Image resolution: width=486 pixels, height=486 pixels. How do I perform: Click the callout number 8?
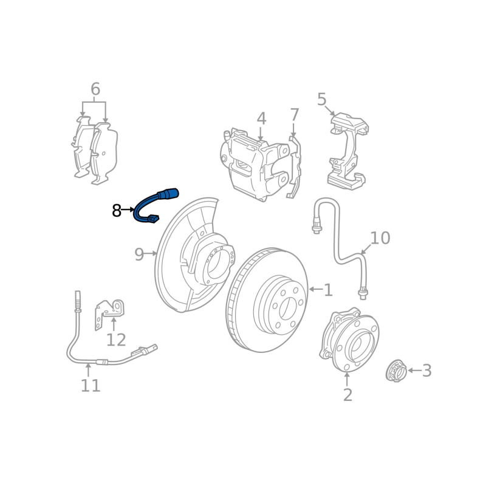coord(117,210)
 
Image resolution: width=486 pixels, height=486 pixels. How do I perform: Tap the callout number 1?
coord(328,290)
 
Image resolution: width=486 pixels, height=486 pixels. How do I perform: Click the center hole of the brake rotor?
coord(287,309)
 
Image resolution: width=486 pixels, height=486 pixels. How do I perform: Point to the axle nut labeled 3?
coord(397,371)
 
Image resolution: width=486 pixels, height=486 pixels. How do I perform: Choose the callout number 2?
coord(347,395)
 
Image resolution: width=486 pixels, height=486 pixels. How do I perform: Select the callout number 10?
coord(380,238)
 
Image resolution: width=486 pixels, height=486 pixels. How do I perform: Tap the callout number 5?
coord(322,100)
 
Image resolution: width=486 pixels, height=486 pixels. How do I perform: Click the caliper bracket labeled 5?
coord(347,151)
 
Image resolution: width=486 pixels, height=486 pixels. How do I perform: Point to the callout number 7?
coord(294,115)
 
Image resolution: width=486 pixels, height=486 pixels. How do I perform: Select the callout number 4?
coord(261,118)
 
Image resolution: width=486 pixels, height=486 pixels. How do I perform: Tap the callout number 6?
coord(95,89)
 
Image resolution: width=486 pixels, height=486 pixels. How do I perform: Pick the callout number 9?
coord(139,255)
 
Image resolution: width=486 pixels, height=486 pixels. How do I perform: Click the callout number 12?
coord(116,340)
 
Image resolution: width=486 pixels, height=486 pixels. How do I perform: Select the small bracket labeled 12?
coord(109,314)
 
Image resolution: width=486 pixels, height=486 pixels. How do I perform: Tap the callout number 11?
coord(91,386)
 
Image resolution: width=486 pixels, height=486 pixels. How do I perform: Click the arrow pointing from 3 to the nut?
coord(414,371)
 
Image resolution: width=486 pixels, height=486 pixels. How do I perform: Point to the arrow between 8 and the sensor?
coord(128,210)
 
